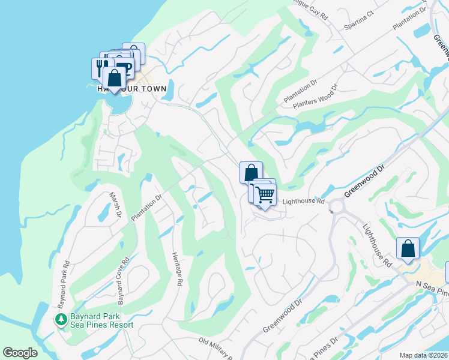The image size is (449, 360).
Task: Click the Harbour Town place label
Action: (x=132, y=88)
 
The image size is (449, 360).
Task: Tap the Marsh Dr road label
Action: (x=115, y=205)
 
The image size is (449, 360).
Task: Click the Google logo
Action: (x=20, y=353)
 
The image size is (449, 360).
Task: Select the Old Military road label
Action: (x=216, y=348)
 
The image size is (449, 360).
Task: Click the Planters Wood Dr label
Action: (x=315, y=100)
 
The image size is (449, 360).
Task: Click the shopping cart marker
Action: (x=265, y=194)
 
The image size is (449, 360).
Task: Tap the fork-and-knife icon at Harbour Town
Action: (x=100, y=68)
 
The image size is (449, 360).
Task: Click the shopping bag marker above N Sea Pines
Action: (x=408, y=248)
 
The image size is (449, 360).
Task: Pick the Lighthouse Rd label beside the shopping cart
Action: (x=303, y=202)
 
